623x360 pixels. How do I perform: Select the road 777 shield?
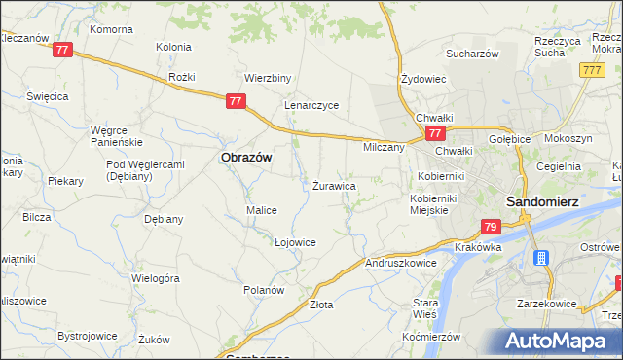point(590,70)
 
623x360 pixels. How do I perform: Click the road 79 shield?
point(491,227)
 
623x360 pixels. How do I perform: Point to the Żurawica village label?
point(334,185)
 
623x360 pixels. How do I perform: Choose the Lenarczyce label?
point(311,105)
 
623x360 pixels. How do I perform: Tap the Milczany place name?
point(384,147)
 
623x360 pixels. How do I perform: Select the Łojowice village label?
point(295,242)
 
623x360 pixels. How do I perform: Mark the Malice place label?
point(262,210)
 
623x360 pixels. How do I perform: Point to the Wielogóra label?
point(156,278)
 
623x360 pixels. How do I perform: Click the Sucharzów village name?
point(473,54)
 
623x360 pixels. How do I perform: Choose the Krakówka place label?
point(477,248)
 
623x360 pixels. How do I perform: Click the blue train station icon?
point(541,259)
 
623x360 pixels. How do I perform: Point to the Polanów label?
point(263,290)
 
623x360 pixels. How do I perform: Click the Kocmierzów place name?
point(430,336)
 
